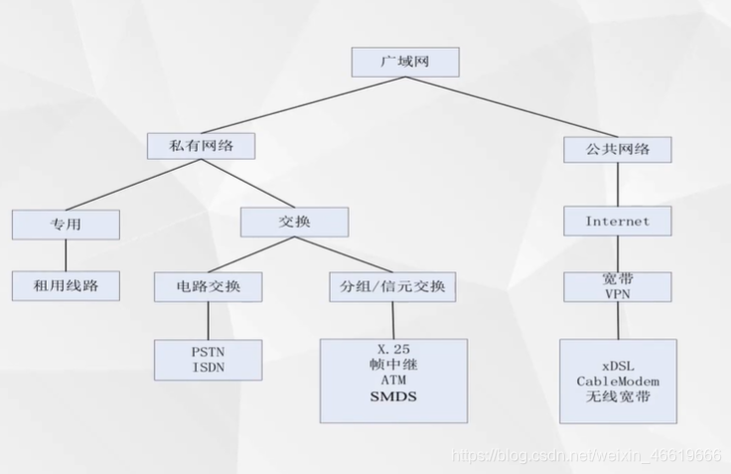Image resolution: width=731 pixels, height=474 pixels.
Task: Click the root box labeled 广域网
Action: click(x=405, y=62)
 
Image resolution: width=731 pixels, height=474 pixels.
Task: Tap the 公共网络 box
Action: click(x=618, y=149)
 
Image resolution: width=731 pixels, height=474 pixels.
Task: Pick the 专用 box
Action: click(x=66, y=226)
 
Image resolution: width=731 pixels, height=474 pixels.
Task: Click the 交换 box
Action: click(x=294, y=222)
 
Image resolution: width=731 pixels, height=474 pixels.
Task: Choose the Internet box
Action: click(x=617, y=221)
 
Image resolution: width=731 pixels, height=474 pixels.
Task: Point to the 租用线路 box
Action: click(x=66, y=287)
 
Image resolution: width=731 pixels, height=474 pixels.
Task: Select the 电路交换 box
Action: click(x=208, y=288)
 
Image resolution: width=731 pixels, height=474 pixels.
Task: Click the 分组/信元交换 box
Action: click(x=392, y=288)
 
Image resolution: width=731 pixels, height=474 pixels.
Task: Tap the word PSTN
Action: click(x=209, y=353)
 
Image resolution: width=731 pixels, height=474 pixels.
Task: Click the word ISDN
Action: click(x=209, y=368)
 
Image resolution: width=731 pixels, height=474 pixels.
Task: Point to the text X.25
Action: click(x=393, y=349)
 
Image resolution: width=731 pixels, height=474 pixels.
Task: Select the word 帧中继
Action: click(x=393, y=365)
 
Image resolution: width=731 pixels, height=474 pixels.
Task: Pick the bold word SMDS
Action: click(x=393, y=396)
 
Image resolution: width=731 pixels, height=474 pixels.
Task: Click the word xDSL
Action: click(x=617, y=365)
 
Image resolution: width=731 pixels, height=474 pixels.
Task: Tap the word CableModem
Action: click(x=617, y=381)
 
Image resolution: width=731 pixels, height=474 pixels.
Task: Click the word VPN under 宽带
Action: click(x=617, y=294)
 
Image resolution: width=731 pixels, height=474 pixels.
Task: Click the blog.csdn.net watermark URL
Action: click(x=586, y=456)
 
